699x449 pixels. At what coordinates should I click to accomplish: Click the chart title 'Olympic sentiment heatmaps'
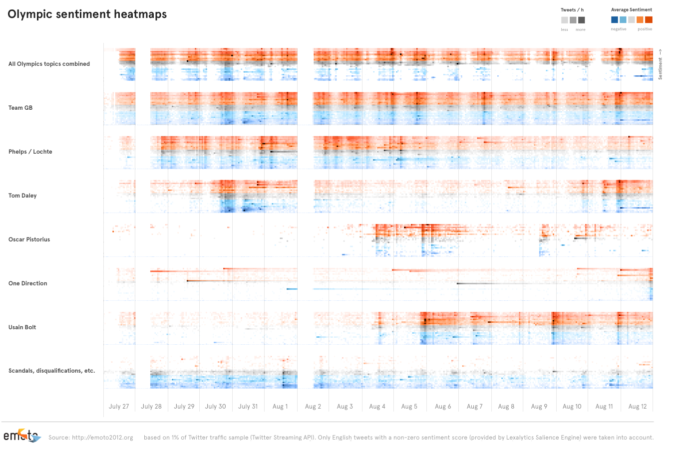[x=87, y=14]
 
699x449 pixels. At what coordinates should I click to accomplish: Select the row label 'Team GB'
[x=20, y=108]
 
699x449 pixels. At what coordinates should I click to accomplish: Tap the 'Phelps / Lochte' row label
[x=30, y=152]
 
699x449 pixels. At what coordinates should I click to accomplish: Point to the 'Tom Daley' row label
[x=22, y=196]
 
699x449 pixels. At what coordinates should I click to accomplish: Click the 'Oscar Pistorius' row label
[x=29, y=239]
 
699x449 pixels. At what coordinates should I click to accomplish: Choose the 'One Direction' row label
[x=28, y=283]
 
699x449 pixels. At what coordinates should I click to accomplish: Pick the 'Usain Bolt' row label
[x=22, y=327]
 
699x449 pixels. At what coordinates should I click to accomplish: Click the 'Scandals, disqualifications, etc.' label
[x=52, y=371]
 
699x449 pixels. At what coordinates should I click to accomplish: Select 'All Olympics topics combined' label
[x=49, y=64]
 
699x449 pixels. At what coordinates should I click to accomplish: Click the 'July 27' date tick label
[x=119, y=407]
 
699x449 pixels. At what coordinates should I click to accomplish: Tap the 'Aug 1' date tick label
[x=280, y=407]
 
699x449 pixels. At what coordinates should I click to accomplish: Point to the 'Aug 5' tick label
[x=409, y=407]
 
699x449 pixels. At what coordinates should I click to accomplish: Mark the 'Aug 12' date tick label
[x=638, y=407]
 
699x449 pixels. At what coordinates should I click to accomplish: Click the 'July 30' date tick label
[x=216, y=407]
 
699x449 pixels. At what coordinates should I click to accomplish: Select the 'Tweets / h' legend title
[x=572, y=10]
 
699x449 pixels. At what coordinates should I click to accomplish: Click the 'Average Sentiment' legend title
[x=632, y=10]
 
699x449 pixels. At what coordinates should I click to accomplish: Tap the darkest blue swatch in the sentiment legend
[x=615, y=20]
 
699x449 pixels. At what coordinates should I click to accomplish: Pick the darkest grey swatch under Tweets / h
[x=582, y=20]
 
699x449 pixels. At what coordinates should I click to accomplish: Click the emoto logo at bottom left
[x=21, y=436]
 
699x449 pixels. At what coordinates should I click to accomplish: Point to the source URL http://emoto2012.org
[x=102, y=438]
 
